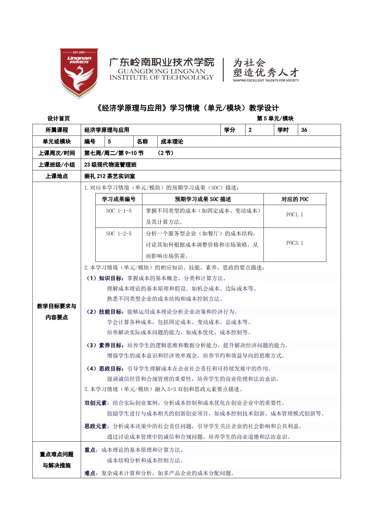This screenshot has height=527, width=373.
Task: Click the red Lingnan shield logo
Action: [79, 73]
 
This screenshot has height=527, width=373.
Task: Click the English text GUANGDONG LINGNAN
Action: [161, 71]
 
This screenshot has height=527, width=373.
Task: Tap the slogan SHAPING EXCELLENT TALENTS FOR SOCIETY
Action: [266, 80]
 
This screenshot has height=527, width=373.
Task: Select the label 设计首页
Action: [59, 118]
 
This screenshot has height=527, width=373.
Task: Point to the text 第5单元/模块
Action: [275, 118]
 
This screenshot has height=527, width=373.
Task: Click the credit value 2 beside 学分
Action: [250, 130]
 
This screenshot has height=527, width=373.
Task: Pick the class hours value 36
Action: [304, 130]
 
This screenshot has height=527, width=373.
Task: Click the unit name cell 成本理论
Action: [172, 142]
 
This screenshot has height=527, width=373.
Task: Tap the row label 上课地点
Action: [57, 176]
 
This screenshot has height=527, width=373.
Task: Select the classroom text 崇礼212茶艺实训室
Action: [109, 176]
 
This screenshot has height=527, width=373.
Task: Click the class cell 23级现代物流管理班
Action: [110, 165]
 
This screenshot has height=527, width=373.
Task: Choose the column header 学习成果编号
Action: [119, 199]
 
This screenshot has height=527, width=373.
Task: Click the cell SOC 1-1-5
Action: [119, 211]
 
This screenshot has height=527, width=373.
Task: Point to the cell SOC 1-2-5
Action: [119, 234]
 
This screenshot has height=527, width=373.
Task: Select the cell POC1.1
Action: [294, 215]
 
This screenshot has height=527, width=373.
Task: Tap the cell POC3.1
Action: [294, 243]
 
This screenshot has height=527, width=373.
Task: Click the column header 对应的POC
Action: [294, 199]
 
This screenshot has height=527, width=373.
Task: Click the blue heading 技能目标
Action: [110, 312]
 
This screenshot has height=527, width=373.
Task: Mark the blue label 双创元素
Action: [95, 403]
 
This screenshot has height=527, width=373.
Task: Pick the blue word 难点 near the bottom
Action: [90, 473]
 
